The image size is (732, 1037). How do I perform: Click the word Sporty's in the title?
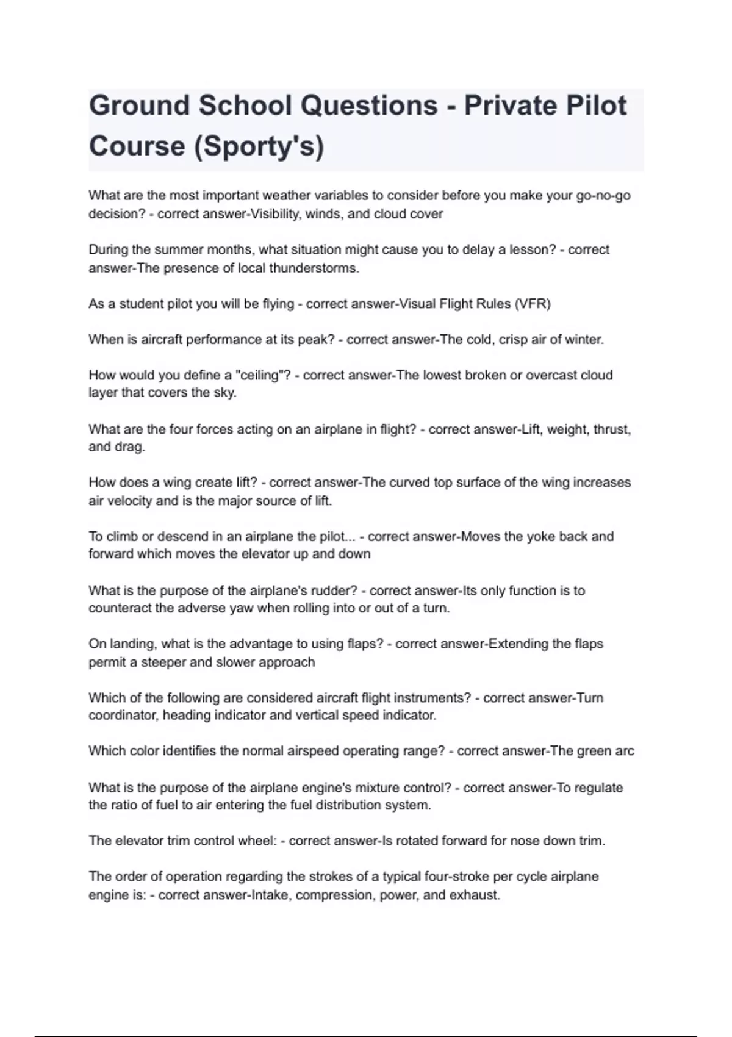(x=259, y=146)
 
